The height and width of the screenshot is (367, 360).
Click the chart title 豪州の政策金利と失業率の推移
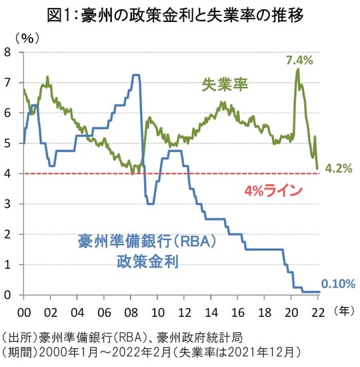[179, 14]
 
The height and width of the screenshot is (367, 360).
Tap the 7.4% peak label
[299, 61]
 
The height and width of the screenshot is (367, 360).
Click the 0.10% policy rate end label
[339, 284]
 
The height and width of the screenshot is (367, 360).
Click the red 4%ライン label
[273, 191]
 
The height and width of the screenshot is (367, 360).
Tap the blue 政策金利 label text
[147, 261]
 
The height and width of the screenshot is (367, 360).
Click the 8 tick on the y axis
[9, 52]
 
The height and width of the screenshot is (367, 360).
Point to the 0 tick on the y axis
[9, 294]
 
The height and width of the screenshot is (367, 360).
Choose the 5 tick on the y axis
[9, 143]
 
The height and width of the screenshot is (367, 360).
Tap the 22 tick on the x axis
[321, 311]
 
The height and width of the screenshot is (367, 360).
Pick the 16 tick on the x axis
[239, 311]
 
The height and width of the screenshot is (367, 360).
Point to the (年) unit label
[344, 311]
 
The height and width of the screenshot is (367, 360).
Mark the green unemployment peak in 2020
[297, 69]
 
